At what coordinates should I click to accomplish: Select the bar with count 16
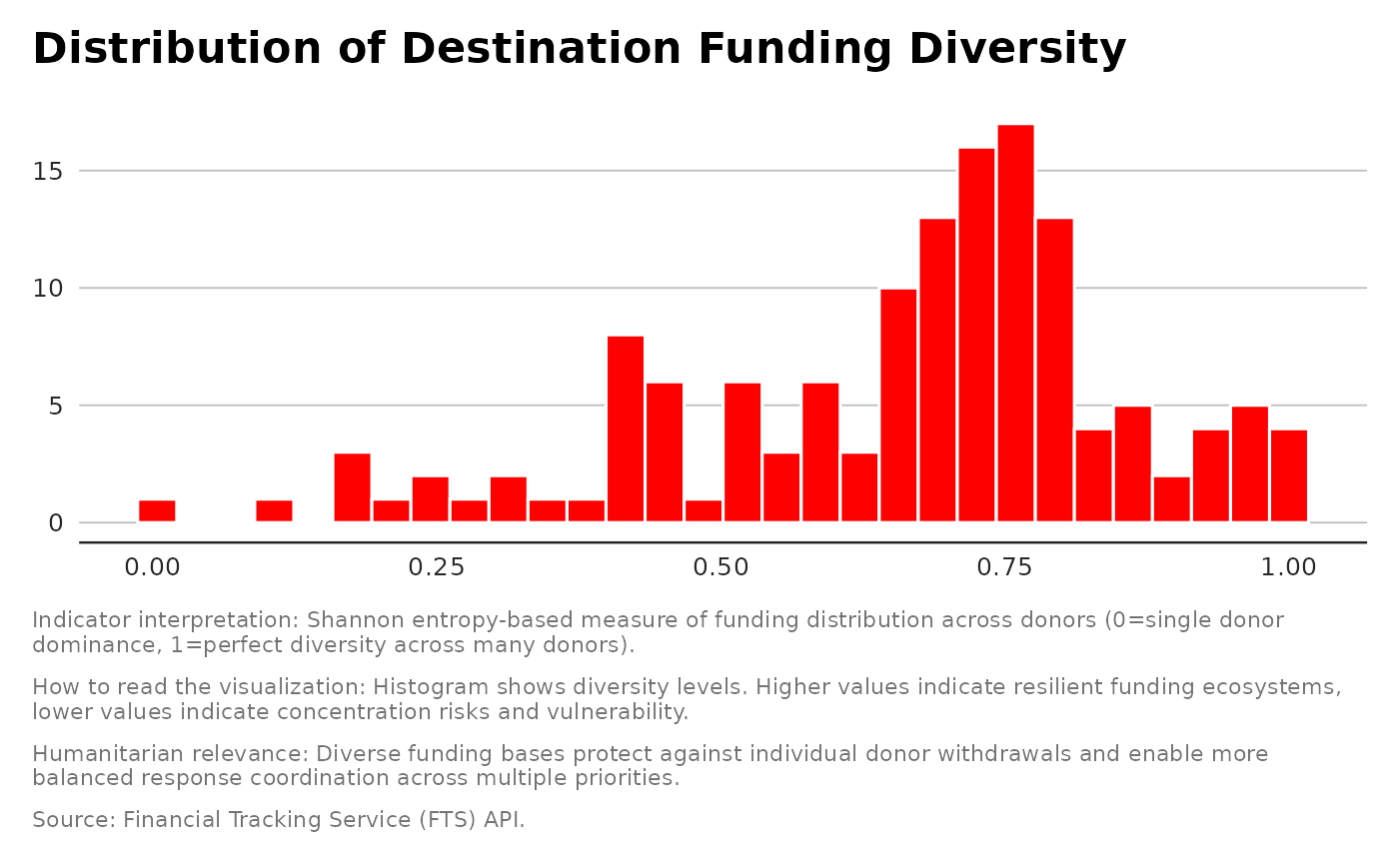[976, 335]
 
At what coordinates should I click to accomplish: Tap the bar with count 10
[898, 406]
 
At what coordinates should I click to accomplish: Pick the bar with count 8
[626, 429]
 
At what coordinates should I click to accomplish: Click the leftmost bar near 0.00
[157, 511]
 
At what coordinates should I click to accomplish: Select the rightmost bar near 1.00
[1289, 475]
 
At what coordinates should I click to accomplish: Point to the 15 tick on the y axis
[47, 172]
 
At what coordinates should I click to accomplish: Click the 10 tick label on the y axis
[47, 289]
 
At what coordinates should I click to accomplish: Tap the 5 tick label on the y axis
[56, 407]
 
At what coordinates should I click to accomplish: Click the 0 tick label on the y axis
[56, 523]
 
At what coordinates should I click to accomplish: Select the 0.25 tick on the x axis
[437, 568]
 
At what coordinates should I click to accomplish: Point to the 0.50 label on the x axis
[720, 568]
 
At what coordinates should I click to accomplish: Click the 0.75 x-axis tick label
[1004, 568]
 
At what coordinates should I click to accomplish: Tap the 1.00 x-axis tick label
[1288, 568]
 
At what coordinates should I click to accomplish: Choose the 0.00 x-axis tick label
[152, 568]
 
